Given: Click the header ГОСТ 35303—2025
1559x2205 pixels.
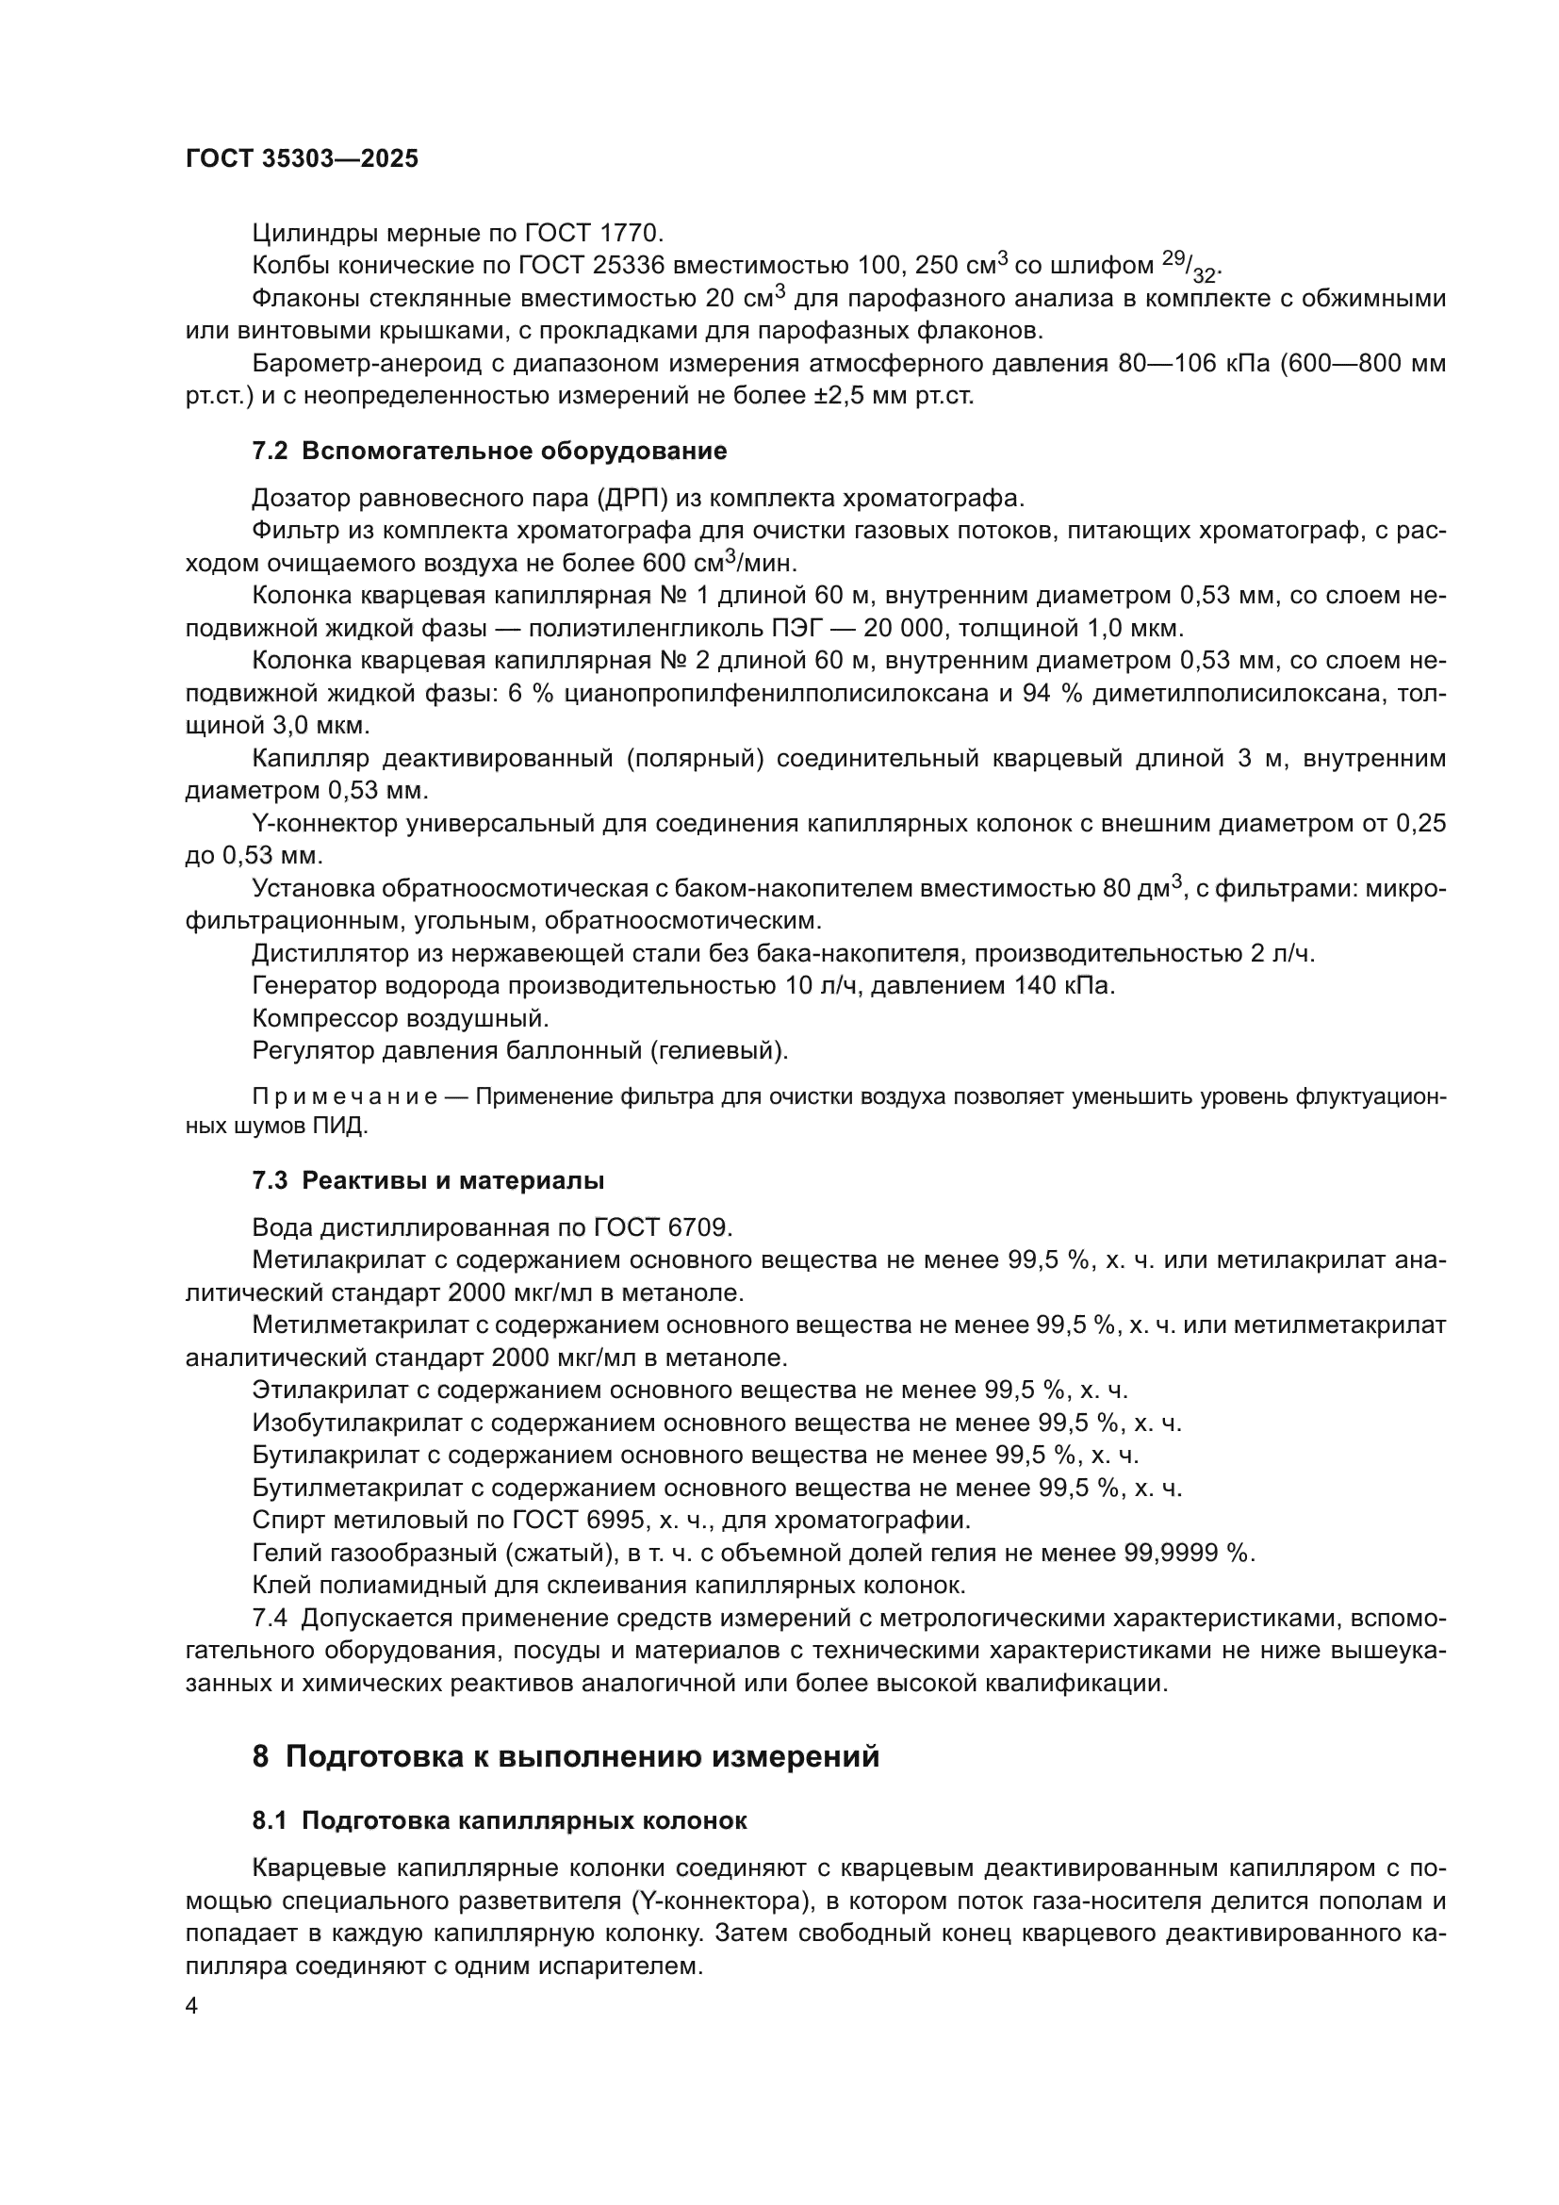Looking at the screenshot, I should point(302,159).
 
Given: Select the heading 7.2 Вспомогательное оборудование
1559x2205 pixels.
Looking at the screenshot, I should point(488,452).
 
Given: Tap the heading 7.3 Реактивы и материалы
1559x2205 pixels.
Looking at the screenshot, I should point(427,1180).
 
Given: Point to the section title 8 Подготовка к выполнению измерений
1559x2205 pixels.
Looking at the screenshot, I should point(566,1755).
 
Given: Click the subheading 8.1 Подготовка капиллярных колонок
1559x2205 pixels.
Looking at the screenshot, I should point(500,1821).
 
